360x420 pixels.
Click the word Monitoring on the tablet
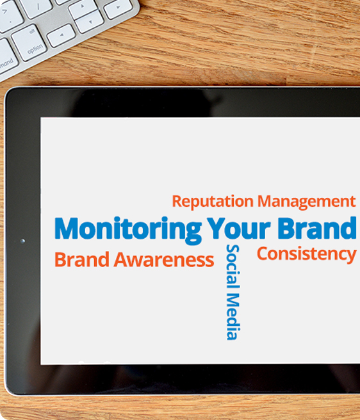click(x=128, y=230)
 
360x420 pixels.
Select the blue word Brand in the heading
click(x=317, y=228)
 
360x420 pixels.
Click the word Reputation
click(x=213, y=202)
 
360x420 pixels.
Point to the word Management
click(x=306, y=201)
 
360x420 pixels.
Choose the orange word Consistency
click(x=307, y=254)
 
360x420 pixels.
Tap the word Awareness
click(x=164, y=259)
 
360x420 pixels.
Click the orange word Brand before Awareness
click(x=82, y=259)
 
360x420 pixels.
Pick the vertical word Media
click(x=233, y=316)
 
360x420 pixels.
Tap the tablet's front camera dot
click(x=23, y=241)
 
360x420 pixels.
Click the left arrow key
click(x=61, y=35)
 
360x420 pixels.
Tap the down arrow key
click(x=90, y=21)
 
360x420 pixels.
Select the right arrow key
click(x=118, y=8)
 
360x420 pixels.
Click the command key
click(x=6, y=60)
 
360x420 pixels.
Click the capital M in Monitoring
click(x=67, y=228)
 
